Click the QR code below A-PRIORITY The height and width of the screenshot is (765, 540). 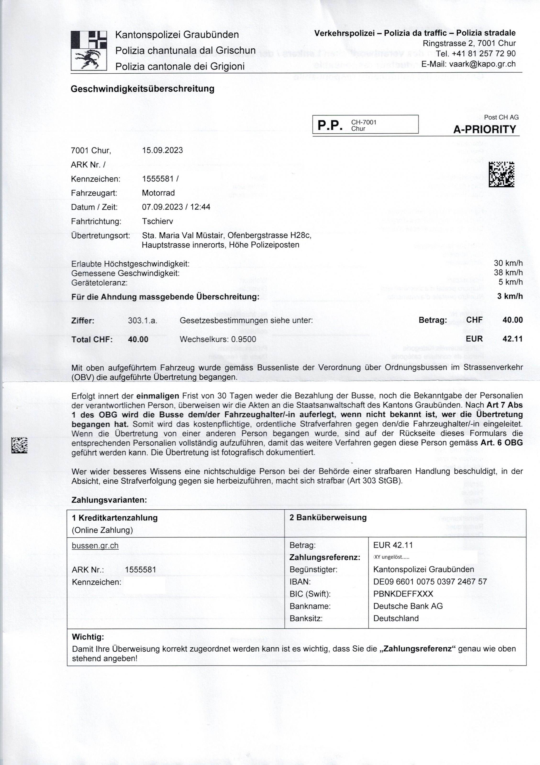[x=501, y=174]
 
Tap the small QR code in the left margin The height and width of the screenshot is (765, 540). [x=19, y=445]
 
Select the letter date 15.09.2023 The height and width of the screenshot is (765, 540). [x=162, y=150]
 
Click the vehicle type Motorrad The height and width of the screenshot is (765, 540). [x=158, y=193]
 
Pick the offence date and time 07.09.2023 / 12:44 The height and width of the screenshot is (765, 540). [x=176, y=207]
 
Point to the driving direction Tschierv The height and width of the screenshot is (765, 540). [x=157, y=221]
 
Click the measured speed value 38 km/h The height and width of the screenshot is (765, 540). [x=508, y=273]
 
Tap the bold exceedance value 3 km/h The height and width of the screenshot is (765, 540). [x=510, y=296]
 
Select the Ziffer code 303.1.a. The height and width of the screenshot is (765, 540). [x=142, y=321]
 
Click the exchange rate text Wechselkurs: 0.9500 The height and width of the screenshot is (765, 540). [x=218, y=339]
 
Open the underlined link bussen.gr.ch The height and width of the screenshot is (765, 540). [x=95, y=546]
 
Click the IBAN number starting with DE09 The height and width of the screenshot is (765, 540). [x=430, y=582]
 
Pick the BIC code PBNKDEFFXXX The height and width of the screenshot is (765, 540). [x=403, y=594]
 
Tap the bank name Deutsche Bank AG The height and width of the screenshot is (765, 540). [x=408, y=606]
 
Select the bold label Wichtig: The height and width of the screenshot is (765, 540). [x=88, y=637]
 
